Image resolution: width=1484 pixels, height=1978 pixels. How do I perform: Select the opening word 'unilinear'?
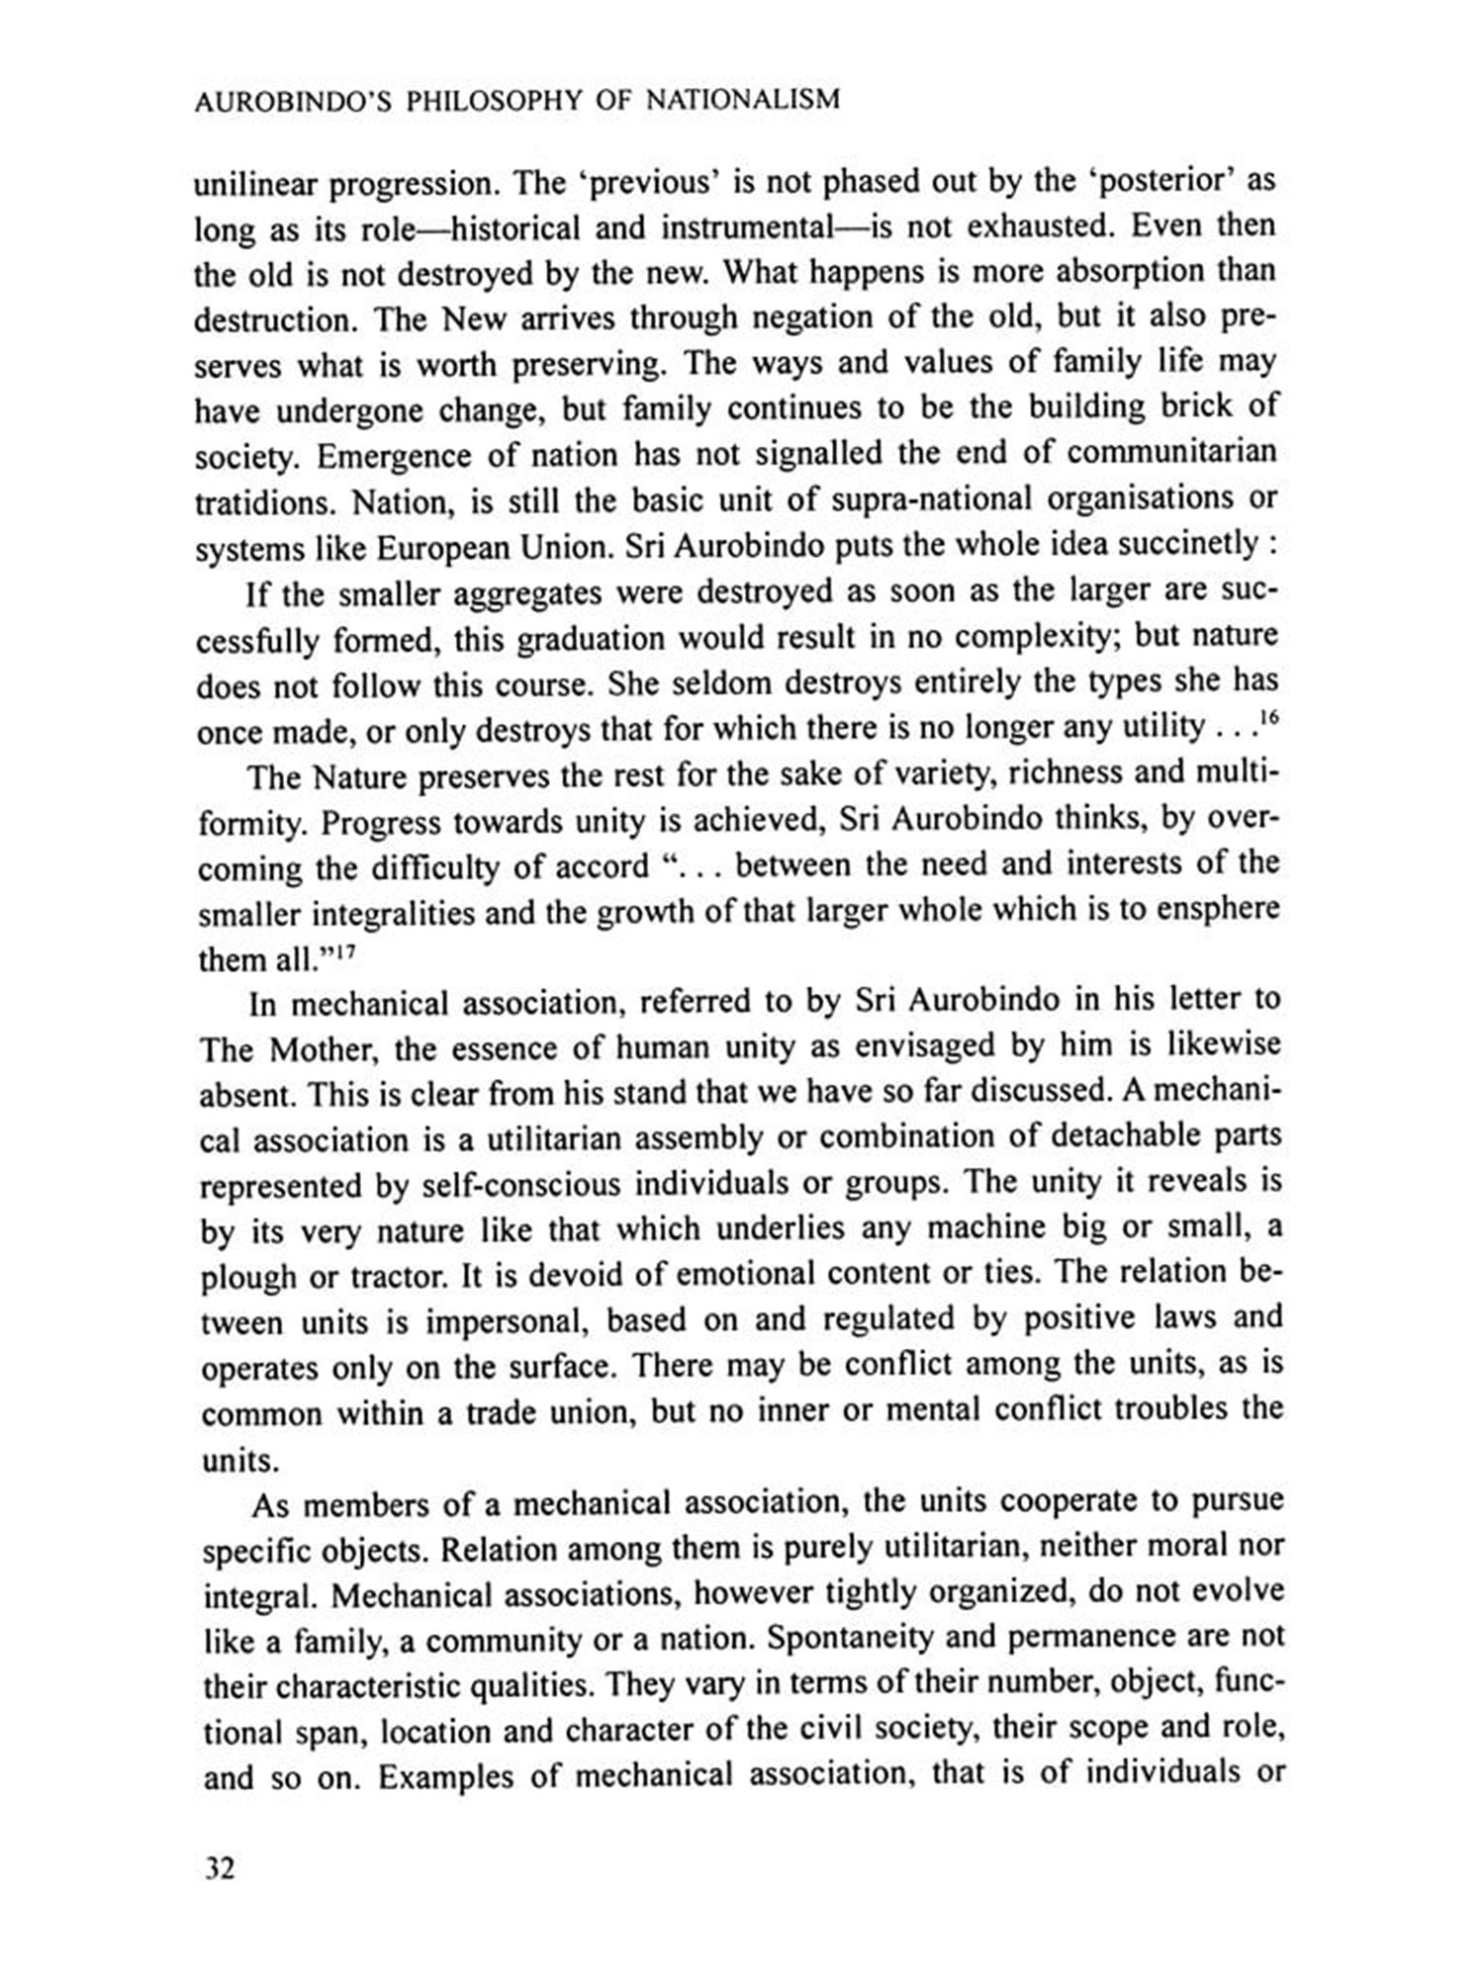coord(254,185)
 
